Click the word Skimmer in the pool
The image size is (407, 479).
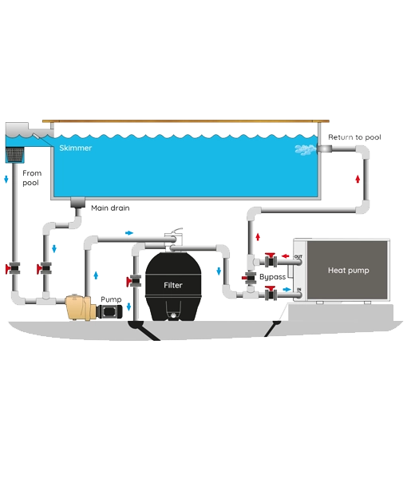click(73, 148)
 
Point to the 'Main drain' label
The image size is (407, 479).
click(111, 208)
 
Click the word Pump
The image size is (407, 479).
click(109, 299)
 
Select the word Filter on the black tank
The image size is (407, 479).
click(173, 284)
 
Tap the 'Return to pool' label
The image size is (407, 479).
click(355, 138)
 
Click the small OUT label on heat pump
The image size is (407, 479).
click(298, 257)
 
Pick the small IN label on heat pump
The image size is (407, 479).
click(298, 290)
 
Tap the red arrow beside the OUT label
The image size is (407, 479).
click(286, 257)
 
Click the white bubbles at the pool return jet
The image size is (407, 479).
click(307, 150)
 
